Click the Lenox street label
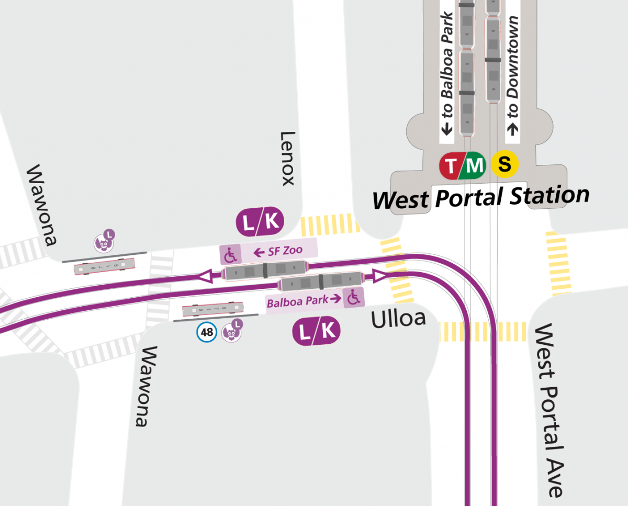[x=288, y=159]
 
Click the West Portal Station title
[x=480, y=198]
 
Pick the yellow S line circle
[x=504, y=165]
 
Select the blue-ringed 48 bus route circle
[x=207, y=332]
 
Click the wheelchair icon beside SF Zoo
[x=230, y=255]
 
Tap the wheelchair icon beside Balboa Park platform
[x=354, y=298]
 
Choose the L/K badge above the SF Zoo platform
[x=261, y=222]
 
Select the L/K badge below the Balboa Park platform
[x=316, y=331]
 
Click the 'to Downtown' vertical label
[x=513, y=73]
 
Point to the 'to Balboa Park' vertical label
[x=446, y=73]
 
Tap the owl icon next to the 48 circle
[x=230, y=332]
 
